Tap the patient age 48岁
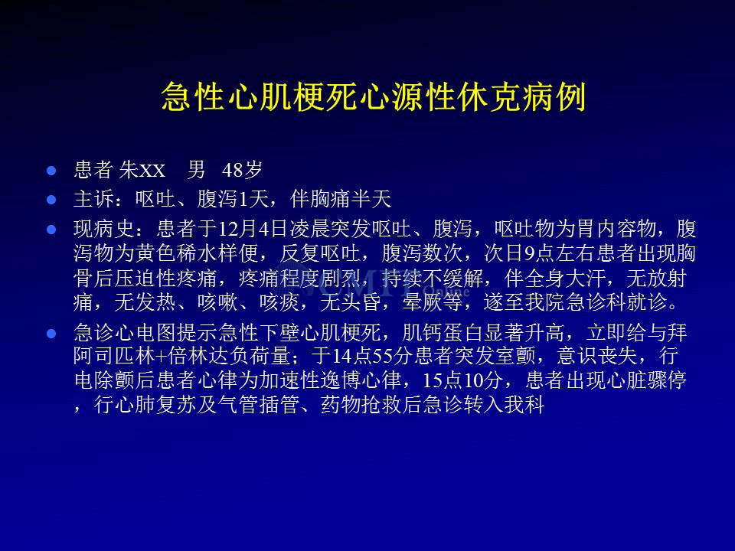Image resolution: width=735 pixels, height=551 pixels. pyautogui.click(x=242, y=170)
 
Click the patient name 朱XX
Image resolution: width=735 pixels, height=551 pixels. pyautogui.click(x=142, y=170)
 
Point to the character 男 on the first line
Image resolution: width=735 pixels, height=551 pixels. pyautogui.click(x=196, y=170)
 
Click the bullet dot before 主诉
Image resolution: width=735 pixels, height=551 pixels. pyautogui.click(x=51, y=200)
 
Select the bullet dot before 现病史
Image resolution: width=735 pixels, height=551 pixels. pyautogui.click(x=51, y=230)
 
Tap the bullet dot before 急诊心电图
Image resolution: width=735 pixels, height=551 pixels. pyautogui.click(x=51, y=334)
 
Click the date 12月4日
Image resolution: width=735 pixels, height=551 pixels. pyautogui.click(x=253, y=229)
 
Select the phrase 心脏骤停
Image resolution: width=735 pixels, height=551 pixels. pyautogui.click(x=645, y=380)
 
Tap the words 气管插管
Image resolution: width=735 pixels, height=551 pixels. pyautogui.click(x=259, y=405)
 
